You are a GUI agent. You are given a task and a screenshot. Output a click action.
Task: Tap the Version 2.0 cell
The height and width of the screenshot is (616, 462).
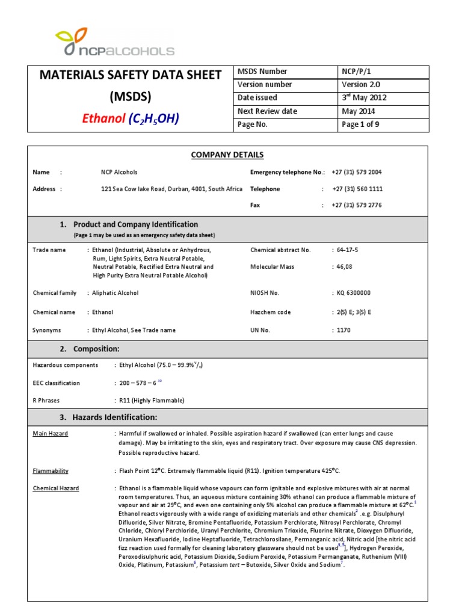[x=361, y=85]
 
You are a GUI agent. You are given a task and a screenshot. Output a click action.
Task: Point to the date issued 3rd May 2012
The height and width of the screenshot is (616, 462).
[x=364, y=97]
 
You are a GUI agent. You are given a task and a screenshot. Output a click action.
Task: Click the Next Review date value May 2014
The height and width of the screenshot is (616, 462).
[x=359, y=111]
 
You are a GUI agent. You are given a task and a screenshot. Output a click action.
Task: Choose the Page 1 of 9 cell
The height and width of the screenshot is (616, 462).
[x=360, y=125]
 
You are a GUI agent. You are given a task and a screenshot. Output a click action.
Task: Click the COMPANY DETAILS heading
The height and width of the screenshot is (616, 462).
[x=227, y=155]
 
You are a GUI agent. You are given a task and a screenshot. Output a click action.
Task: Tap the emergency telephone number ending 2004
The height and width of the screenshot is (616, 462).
[x=357, y=172]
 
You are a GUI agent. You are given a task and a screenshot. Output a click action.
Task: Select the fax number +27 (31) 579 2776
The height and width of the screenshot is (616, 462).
[x=357, y=205]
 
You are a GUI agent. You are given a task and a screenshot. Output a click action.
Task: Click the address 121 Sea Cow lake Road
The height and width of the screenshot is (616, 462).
[x=171, y=189]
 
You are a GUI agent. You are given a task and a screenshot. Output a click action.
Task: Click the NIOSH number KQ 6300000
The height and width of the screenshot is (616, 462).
[x=354, y=293]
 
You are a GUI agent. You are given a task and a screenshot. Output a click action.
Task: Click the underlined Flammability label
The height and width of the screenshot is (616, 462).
[x=51, y=471]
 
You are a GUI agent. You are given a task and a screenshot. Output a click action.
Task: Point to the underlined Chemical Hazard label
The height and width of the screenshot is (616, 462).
[x=55, y=488]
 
